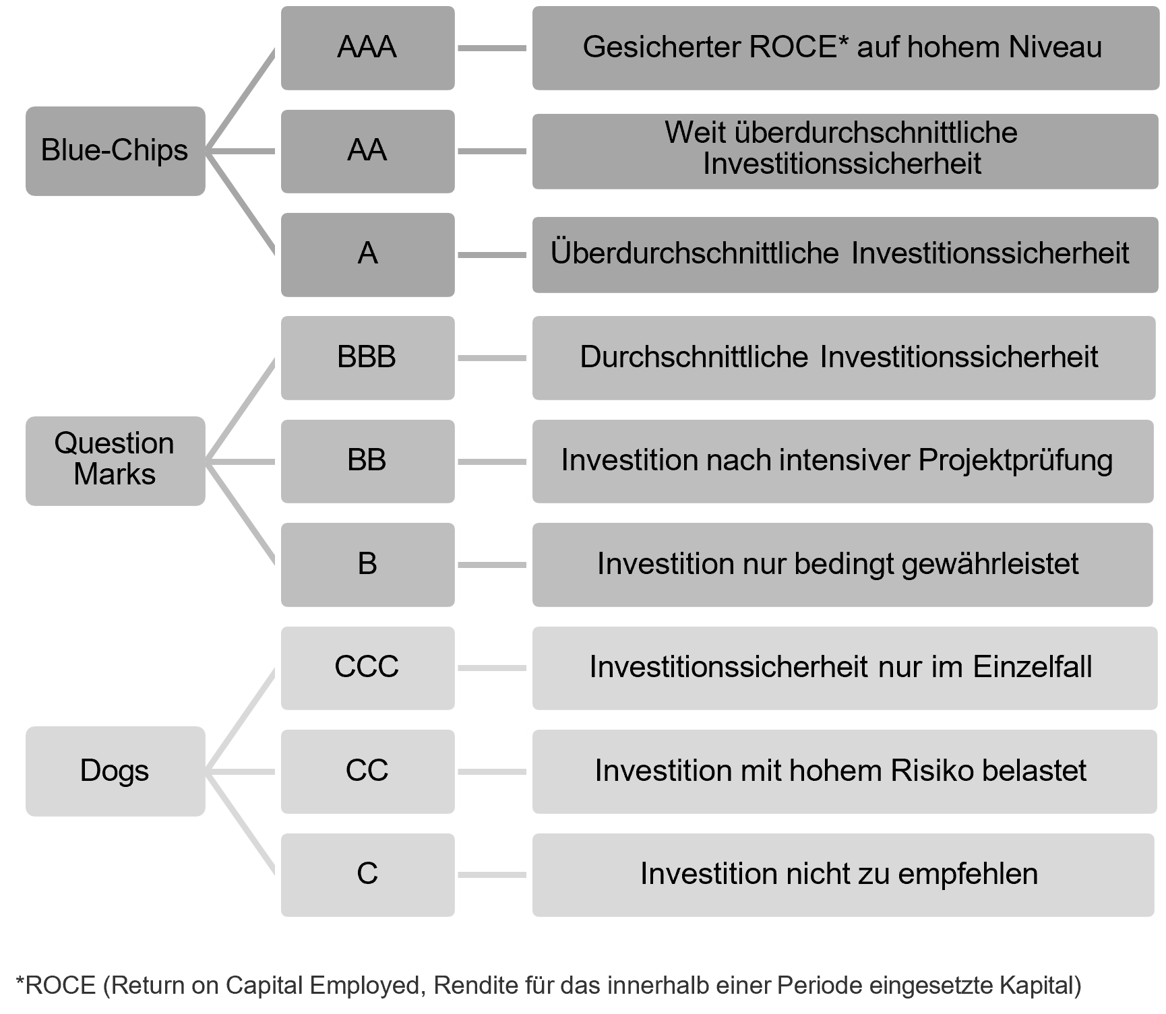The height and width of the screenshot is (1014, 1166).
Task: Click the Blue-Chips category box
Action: click(115, 151)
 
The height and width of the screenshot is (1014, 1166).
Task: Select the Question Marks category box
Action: click(115, 460)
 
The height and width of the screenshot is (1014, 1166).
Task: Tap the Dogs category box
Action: click(115, 771)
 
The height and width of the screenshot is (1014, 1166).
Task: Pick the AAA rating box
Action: click(367, 48)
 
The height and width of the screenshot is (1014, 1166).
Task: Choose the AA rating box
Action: click(367, 151)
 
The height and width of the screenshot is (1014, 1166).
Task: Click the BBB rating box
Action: click(367, 357)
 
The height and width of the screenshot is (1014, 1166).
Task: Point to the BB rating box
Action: click(367, 460)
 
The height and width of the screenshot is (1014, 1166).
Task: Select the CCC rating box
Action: click(367, 667)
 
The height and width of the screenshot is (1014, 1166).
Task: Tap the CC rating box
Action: click(367, 771)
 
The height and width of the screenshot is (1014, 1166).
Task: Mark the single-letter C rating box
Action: click(367, 874)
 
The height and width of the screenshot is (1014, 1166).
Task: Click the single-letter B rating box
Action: click(367, 564)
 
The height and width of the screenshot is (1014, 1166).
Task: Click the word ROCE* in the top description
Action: click(797, 48)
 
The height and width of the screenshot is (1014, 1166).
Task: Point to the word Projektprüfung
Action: click(1015, 461)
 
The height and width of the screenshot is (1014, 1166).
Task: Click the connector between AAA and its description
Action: click(493, 49)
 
